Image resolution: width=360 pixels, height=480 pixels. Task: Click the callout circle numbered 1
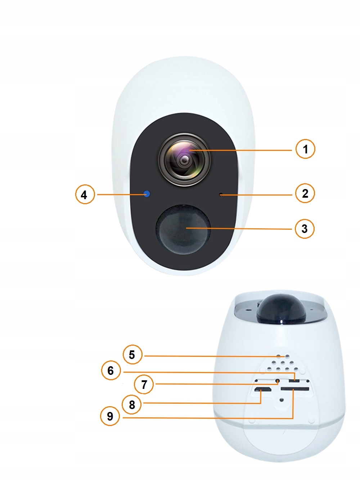(x=305, y=149)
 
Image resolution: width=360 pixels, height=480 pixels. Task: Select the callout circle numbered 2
(x=305, y=193)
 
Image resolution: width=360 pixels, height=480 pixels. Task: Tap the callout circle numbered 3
(x=305, y=229)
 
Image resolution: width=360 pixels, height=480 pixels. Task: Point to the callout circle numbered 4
(x=85, y=194)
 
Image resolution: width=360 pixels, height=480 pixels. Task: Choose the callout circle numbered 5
(x=132, y=355)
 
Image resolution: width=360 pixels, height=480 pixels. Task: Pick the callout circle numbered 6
(x=111, y=371)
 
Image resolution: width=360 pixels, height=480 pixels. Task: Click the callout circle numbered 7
(x=144, y=384)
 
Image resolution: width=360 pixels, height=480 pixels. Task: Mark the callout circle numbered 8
(x=132, y=404)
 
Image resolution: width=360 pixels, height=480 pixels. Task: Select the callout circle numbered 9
(x=110, y=416)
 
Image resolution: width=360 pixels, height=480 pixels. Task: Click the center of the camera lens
(x=185, y=160)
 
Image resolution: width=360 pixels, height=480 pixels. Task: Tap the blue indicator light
(x=147, y=194)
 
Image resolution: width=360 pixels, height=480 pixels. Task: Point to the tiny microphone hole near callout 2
(x=221, y=195)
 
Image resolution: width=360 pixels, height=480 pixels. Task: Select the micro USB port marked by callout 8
(x=262, y=390)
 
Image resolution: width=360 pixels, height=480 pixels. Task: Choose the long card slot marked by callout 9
(x=294, y=389)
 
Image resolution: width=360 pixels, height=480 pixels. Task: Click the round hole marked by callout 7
(x=278, y=381)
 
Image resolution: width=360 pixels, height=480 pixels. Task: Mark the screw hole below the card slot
(x=282, y=400)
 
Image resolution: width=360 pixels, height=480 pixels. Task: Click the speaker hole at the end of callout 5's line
(x=287, y=356)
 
